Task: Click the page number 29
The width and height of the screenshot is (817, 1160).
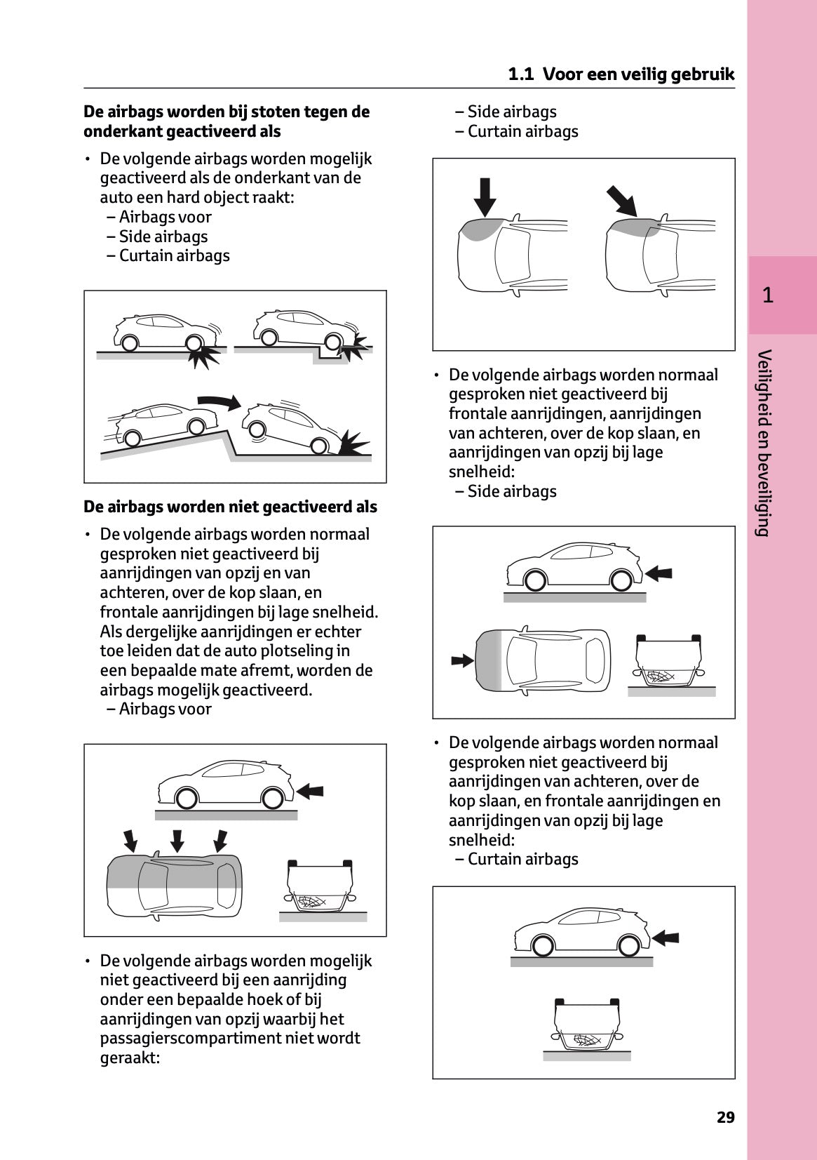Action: pos(725,1117)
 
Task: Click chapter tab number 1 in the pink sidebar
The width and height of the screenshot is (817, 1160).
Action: pos(768,295)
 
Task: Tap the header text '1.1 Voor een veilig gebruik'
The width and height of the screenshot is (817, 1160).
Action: pos(621,74)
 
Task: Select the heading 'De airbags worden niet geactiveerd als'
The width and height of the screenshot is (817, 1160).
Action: pos(230,507)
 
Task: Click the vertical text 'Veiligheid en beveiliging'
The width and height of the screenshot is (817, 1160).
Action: pos(764,442)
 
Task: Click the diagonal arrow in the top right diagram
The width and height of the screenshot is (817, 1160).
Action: pos(621,200)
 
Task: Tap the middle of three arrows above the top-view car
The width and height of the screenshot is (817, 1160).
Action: pos(177,840)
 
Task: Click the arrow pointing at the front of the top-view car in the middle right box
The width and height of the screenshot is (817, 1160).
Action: pos(462,660)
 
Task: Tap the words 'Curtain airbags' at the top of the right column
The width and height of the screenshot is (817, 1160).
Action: pos(522,131)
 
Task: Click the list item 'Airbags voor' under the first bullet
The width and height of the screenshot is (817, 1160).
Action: pos(165,218)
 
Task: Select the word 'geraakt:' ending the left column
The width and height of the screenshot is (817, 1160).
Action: pos(130,1058)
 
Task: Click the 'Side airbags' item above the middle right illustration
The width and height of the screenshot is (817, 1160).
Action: pos(511,491)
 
